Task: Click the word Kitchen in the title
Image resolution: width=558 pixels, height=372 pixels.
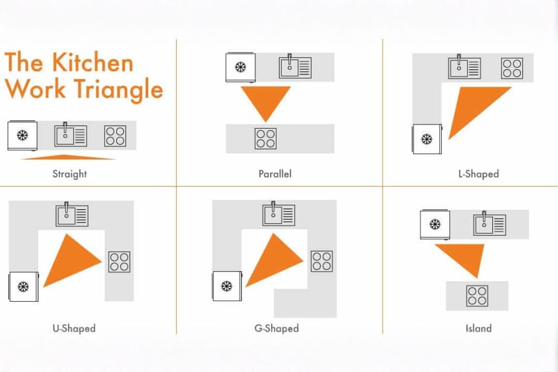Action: coord(93,62)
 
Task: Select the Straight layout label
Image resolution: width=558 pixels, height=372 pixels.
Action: coord(70,174)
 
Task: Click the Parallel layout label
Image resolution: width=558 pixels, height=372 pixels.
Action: coord(275,174)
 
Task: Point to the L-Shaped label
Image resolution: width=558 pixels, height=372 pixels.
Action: coord(478,174)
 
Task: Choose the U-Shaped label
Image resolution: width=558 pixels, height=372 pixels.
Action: coord(74,328)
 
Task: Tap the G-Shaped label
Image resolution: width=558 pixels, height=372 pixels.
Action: coord(277,328)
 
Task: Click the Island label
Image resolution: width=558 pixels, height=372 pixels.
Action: coord(478,328)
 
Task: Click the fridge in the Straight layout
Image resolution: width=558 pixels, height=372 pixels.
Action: coord(22,135)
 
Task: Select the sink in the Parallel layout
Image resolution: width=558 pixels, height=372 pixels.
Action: coord(295,66)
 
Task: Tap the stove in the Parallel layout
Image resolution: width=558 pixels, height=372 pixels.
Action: coord(266,139)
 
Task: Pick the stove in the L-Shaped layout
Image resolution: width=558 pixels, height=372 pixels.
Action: coord(512,68)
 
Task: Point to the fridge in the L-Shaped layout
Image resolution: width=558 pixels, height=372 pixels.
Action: coord(427,139)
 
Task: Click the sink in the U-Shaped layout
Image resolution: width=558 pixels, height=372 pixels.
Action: coord(72,215)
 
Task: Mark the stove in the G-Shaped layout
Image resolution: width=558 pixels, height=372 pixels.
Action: coord(322,261)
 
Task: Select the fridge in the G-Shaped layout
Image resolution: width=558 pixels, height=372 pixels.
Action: coord(227,286)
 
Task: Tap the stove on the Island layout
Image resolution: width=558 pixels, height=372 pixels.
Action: coord(477,296)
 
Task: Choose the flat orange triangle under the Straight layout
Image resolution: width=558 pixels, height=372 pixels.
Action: coord(67,157)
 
